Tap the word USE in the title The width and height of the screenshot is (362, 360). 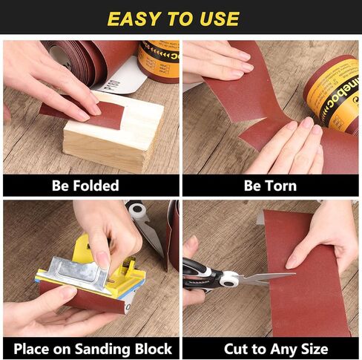218,19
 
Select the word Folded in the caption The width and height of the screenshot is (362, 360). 101,185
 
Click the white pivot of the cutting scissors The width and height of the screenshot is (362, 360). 228,280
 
